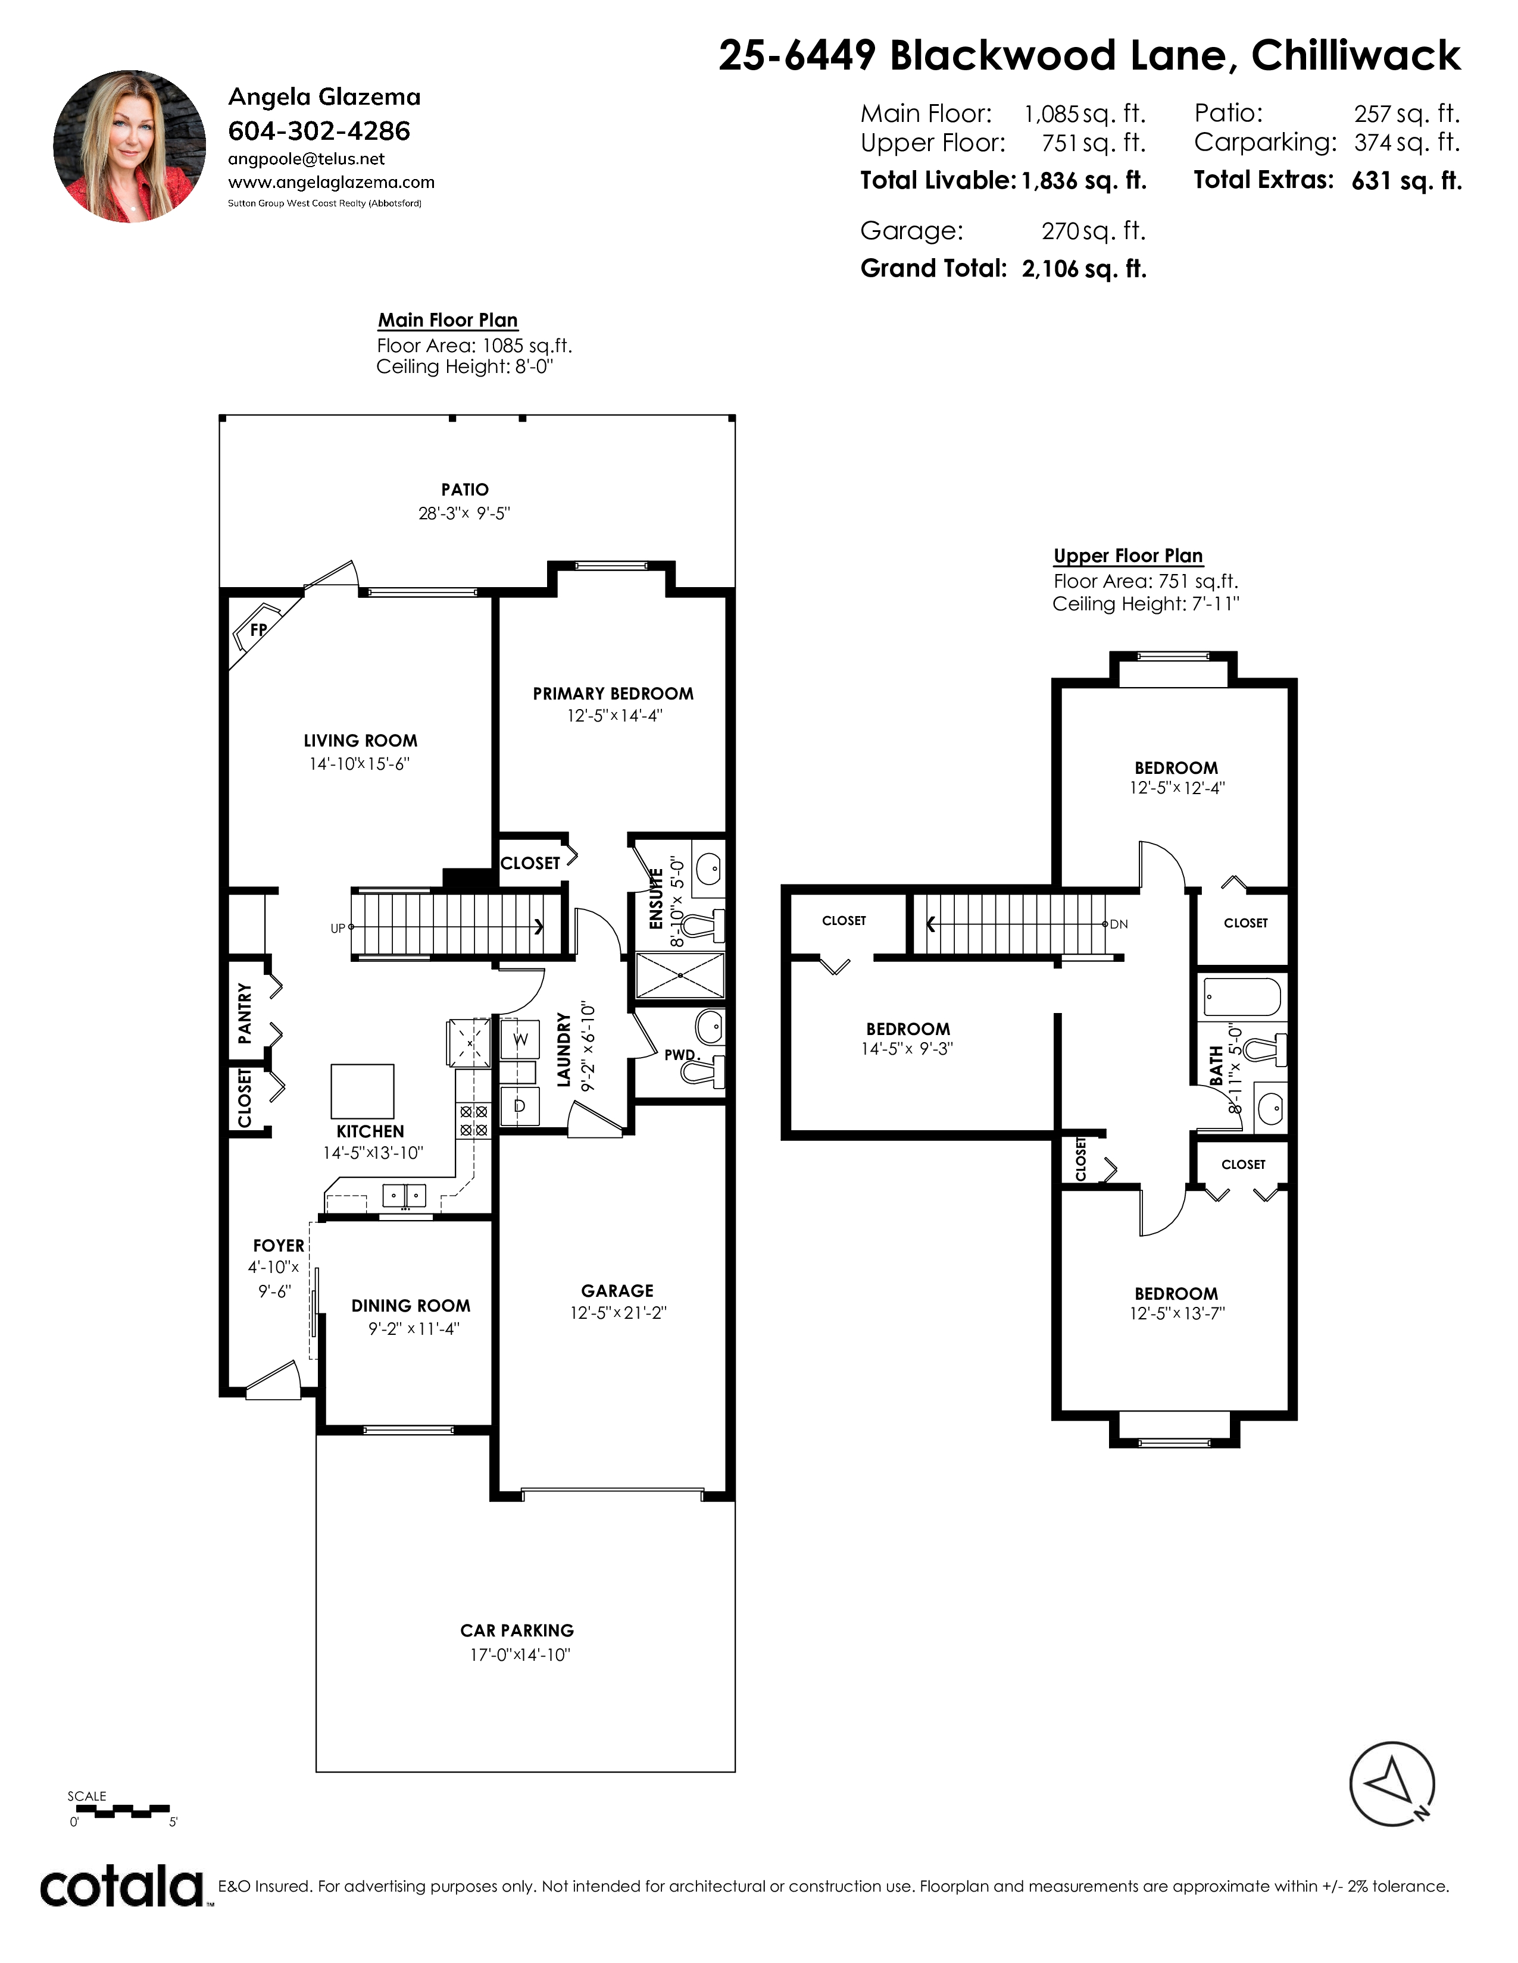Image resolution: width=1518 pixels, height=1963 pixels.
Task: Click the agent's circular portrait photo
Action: [130, 146]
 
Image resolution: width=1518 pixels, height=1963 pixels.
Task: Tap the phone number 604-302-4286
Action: [319, 131]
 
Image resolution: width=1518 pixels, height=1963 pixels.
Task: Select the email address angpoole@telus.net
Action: [307, 159]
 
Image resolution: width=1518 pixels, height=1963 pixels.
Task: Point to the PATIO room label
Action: [465, 490]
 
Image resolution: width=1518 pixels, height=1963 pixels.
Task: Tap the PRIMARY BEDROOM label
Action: [613, 694]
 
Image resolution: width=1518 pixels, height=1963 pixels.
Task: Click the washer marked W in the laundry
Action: [520, 1040]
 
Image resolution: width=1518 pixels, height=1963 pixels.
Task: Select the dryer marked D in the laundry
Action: [520, 1106]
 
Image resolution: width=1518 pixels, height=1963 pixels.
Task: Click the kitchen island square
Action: [363, 1090]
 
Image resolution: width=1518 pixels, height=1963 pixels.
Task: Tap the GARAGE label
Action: [618, 1291]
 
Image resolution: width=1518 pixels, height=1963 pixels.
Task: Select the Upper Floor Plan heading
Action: [1127, 556]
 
